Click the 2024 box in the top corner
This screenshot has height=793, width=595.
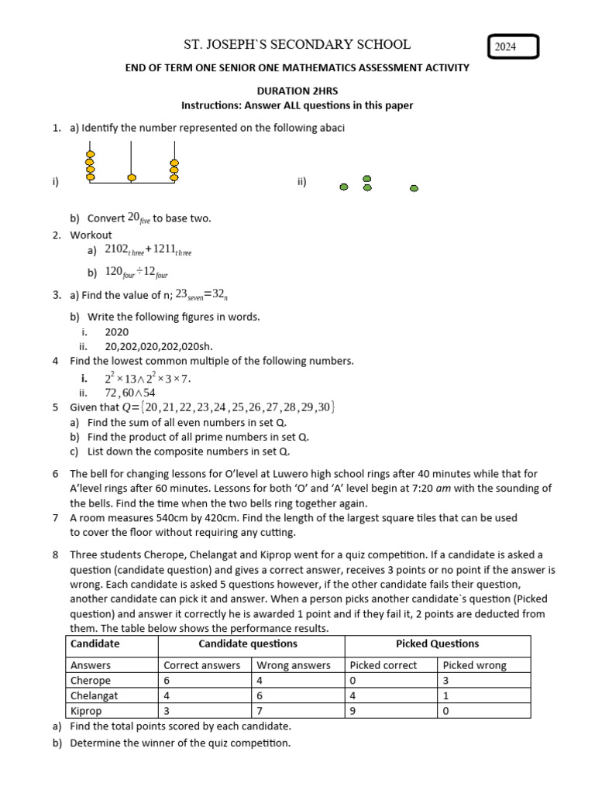pos(513,48)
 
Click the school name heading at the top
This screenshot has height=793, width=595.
pos(297,45)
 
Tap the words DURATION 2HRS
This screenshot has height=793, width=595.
pos(297,91)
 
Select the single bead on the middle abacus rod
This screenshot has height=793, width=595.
pos(132,177)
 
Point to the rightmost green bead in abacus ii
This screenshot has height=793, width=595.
pos(414,187)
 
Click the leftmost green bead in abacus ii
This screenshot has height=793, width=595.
pos(344,187)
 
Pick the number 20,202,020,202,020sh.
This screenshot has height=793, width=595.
pos(158,346)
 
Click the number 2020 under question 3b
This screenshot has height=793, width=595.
pos(117,331)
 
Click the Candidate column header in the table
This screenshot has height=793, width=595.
pos(95,644)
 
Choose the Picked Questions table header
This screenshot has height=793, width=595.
pos(437,644)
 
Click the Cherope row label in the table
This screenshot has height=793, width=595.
pos(91,680)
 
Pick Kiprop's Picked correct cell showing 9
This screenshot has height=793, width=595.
pos(353,711)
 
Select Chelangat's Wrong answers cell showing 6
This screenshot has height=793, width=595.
pos(260,695)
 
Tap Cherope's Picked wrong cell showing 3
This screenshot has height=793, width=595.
pos(446,680)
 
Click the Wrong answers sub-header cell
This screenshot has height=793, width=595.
pos(294,665)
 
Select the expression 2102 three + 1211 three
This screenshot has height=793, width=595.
pos(148,250)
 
